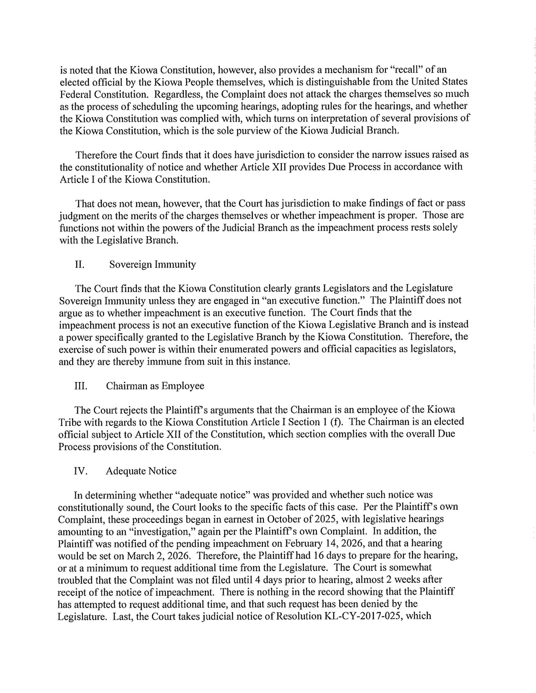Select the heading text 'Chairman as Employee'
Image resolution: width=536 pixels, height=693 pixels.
tap(155, 386)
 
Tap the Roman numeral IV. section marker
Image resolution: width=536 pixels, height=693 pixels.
tap(80, 471)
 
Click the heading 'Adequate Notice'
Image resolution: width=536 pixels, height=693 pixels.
tap(141, 471)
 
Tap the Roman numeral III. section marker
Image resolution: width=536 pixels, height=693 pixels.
tap(81, 386)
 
